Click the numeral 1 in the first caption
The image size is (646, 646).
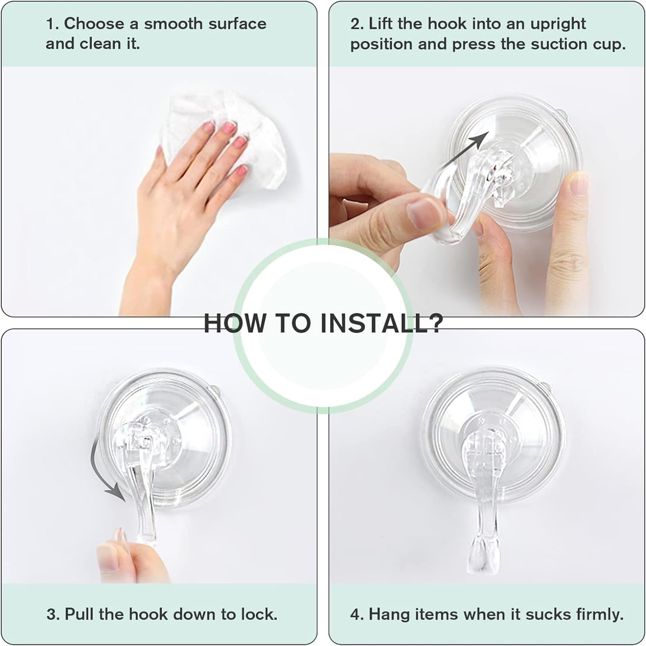[50, 24]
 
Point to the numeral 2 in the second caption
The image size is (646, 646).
[355, 24]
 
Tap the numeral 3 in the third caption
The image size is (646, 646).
[51, 614]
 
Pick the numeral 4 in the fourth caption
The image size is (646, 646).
[356, 614]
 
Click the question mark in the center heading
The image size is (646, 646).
[433, 323]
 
